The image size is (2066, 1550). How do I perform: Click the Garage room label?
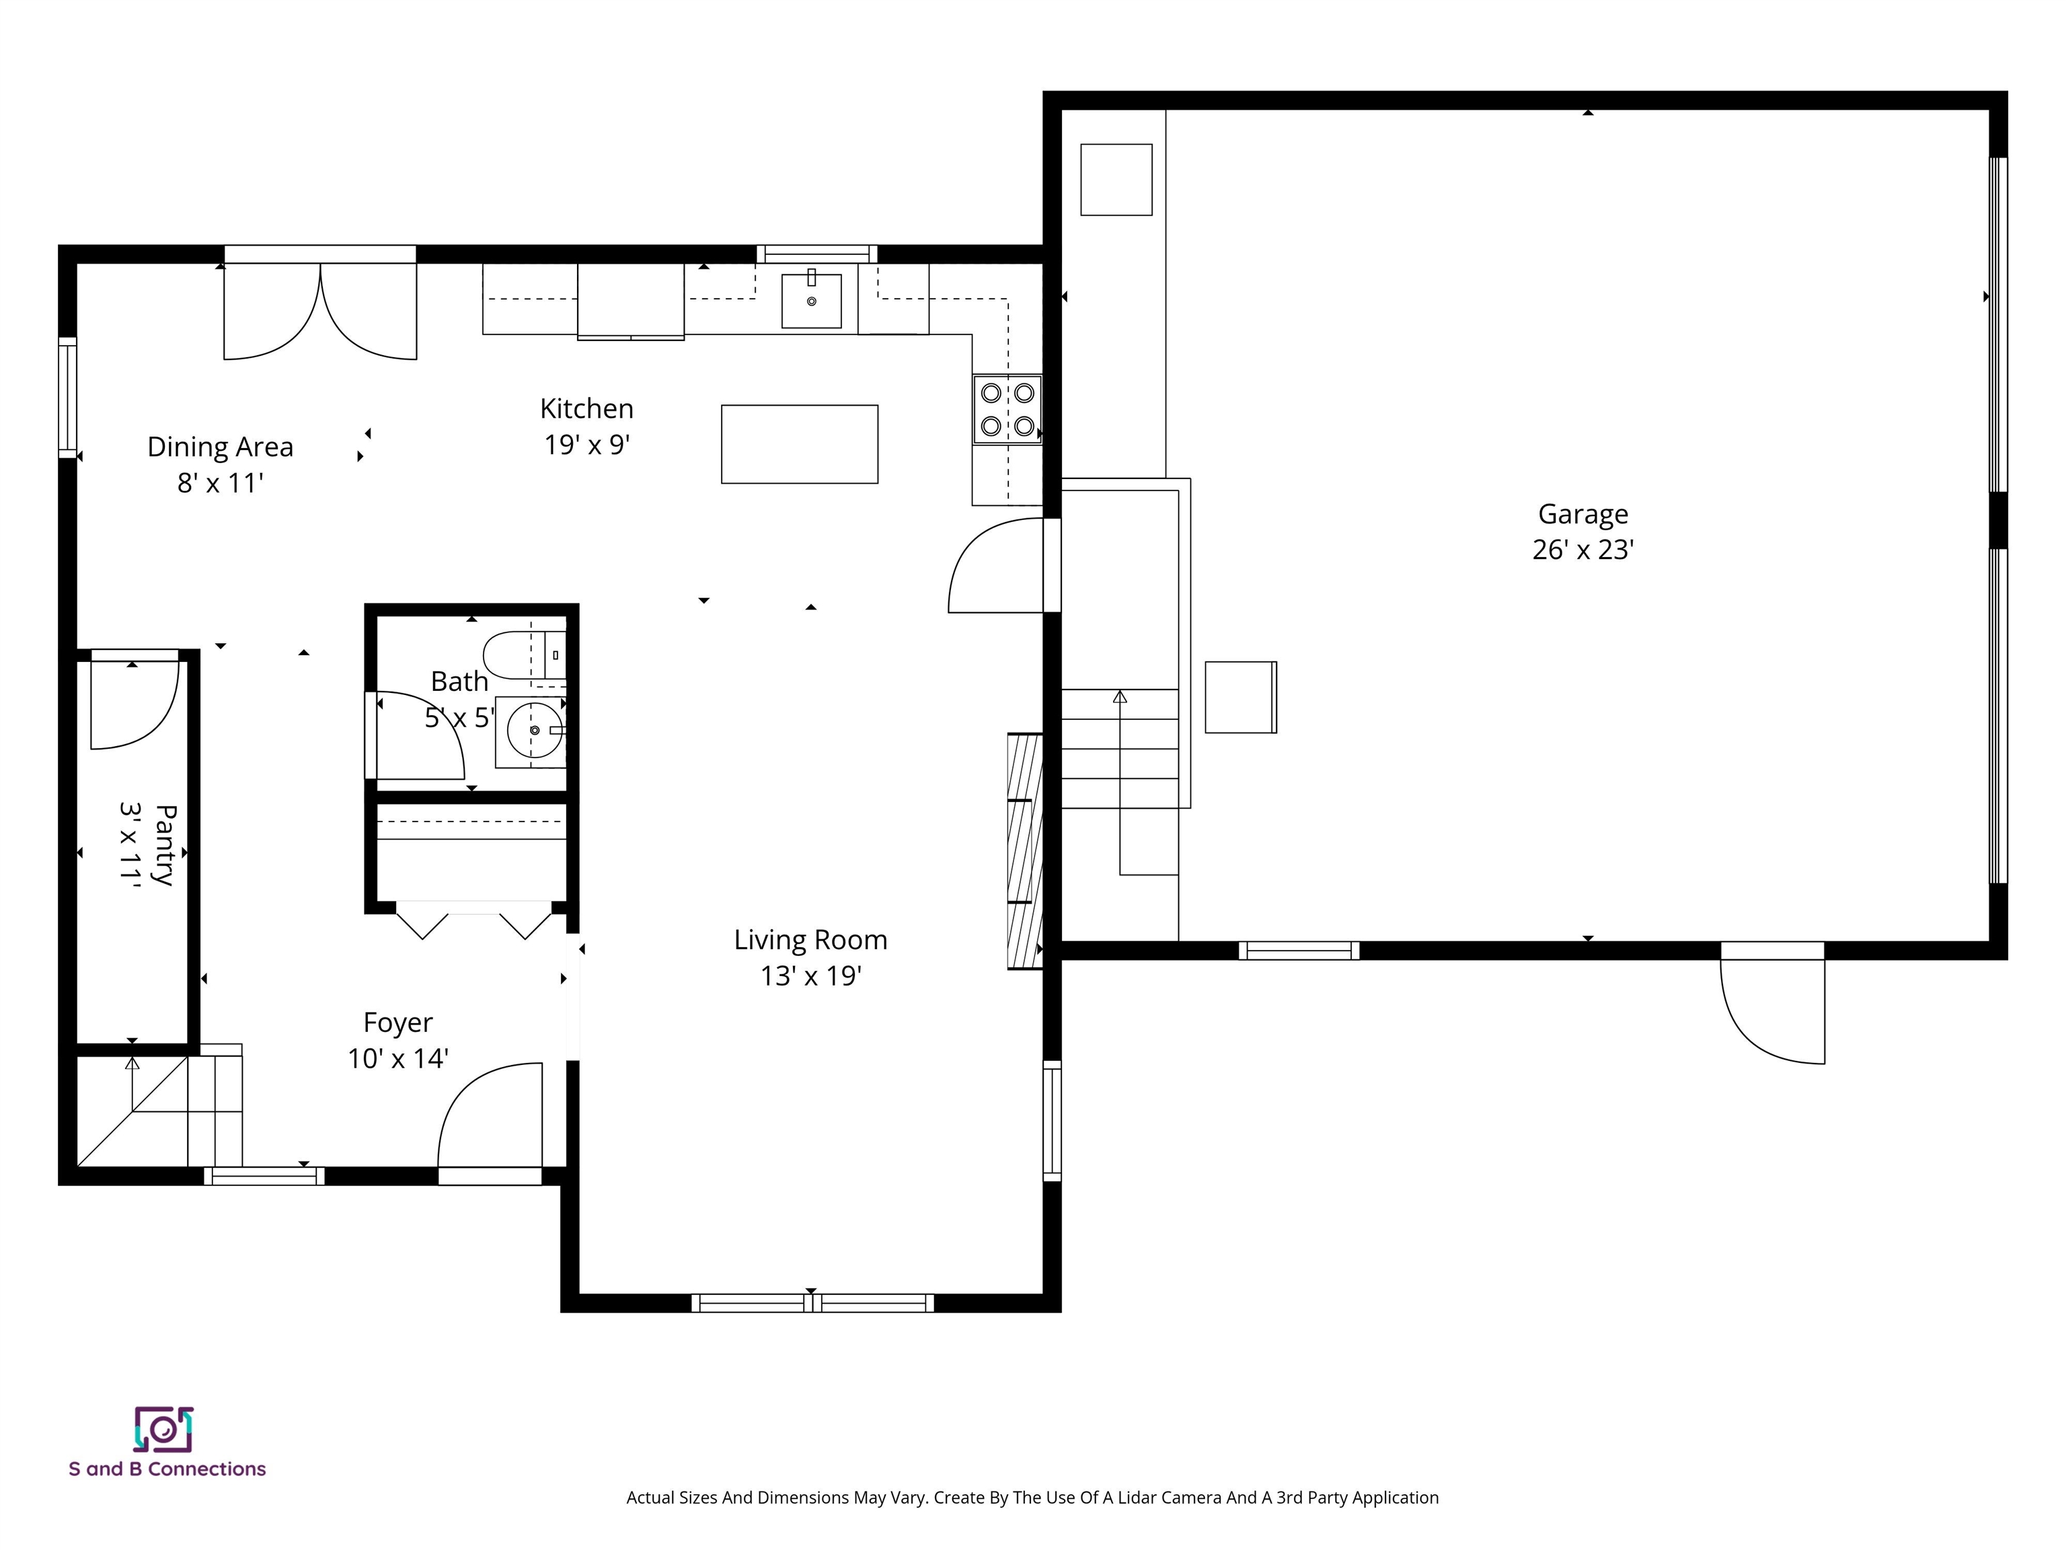(1582, 514)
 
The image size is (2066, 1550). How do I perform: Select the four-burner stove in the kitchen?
(1007, 409)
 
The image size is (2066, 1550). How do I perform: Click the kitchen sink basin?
(810, 301)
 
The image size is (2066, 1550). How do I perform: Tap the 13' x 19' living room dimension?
(810, 976)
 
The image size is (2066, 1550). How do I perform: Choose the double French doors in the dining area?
(319, 313)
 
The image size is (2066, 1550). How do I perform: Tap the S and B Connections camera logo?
(163, 1428)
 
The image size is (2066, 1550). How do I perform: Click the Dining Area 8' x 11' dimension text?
(221, 483)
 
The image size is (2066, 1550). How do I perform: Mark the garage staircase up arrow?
(1119, 697)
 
